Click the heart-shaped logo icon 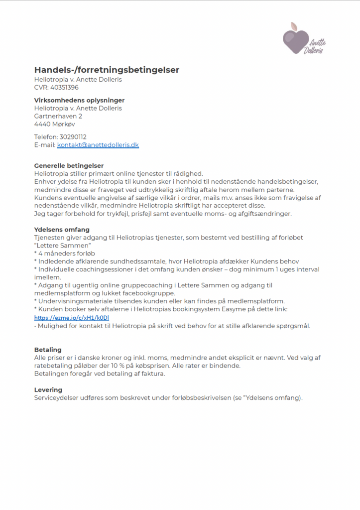pyautogui.click(x=296, y=40)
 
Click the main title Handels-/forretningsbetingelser pyautogui.click(x=107, y=70)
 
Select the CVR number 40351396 pyautogui.click(x=64, y=87)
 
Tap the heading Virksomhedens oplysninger pyautogui.click(x=79, y=100)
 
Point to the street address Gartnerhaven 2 pyautogui.click(x=58, y=116)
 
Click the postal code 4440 pyautogui.click(x=42, y=124)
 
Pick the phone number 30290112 pyautogui.click(x=73, y=137)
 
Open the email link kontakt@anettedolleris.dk pyautogui.click(x=98, y=145)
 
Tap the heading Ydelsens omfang pyautogui.click(x=62, y=230)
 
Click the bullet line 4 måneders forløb pyautogui.click(x=66, y=254)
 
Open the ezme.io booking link pyautogui.click(x=71, y=317)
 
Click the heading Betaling pyautogui.click(x=48, y=350)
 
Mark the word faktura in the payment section pyautogui.click(x=153, y=374)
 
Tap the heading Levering pyautogui.click(x=48, y=389)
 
